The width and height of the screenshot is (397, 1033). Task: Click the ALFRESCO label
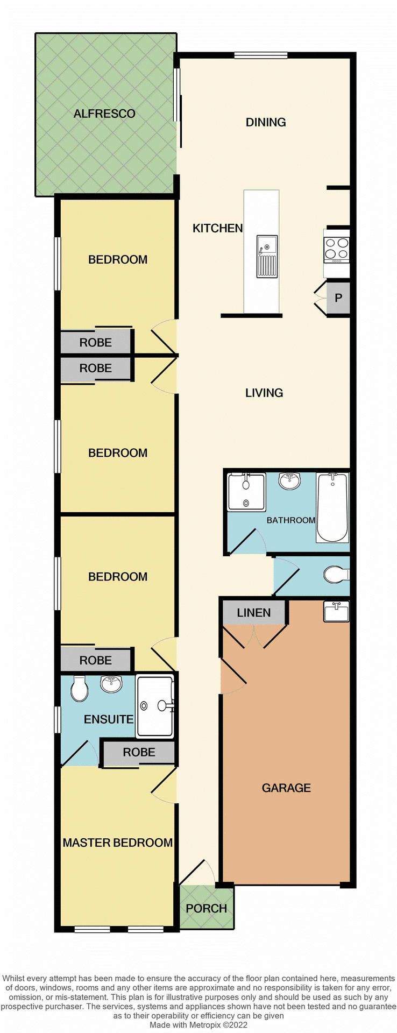(x=104, y=114)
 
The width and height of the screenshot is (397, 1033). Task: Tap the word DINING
(x=266, y=122)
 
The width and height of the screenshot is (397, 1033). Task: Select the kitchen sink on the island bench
(x=267, y=256)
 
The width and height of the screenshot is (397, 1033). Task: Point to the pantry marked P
(x=338, y=298)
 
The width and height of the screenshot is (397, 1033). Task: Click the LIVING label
(x=264, y=393)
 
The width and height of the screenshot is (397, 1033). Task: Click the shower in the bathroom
(x=246, y=492)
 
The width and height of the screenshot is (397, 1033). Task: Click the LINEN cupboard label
(x=254, y=613)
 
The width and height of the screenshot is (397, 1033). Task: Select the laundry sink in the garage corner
(x=336, y=612)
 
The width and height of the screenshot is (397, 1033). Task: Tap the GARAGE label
(x=286, y=788)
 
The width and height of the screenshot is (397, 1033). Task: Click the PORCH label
(x=206, y=908)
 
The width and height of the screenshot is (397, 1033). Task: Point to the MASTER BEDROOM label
(x=117, y=843)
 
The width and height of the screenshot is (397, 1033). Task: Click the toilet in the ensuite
(x=80, y=689)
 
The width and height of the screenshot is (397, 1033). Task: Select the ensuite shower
(x=155, y=705)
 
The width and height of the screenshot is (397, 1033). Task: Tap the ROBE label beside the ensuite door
(x=139, y=752)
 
